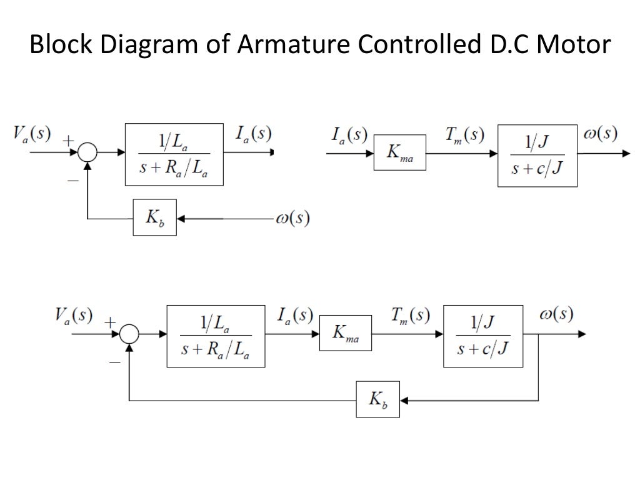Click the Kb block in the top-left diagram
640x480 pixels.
pyautogui.click(x=154, y=217)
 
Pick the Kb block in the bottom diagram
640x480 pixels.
pyautogui.click(x=378, y=399)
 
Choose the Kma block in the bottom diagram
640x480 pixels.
pyautogui.click(x=345, y=334)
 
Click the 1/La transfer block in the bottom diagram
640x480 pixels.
pyautogui.click(x=216, y=336)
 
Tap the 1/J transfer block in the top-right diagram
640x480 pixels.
pyautogui.click(x=537, y=155)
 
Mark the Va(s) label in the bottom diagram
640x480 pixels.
pyautogui.click(x=73, y=315)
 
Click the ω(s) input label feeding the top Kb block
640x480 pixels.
pyautogui.click(x=292, y=219)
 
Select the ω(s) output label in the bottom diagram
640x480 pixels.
pyautogui.click(x=556, y=314)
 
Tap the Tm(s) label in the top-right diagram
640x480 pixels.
pyautogui.click(x=464, y=134)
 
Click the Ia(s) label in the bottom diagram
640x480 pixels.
pyautogui.click(x=294, y=316)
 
